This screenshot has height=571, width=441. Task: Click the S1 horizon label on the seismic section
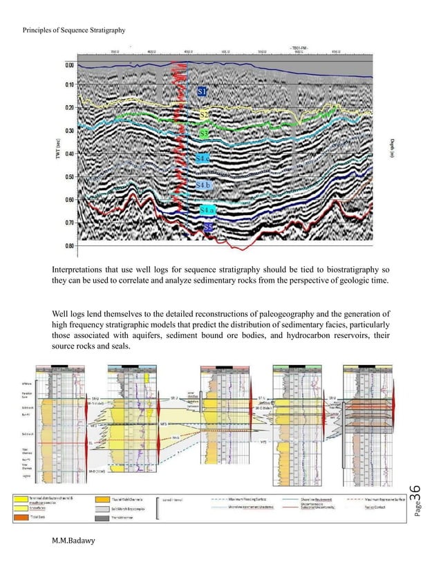point(202,91)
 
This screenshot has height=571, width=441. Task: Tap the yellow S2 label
point(204,114)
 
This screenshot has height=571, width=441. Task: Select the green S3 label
point(203,133)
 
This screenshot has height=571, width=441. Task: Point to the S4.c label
point(203,158)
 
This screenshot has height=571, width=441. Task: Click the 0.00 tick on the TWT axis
point(70,66)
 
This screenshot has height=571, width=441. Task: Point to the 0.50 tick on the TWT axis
point(70,177)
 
